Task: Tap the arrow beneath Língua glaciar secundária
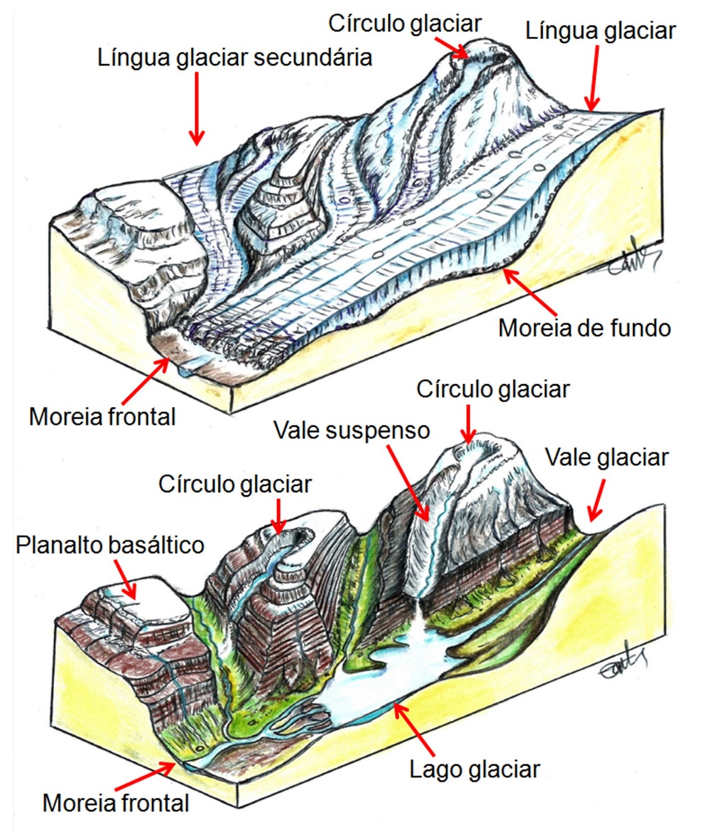click(x=197, y=108)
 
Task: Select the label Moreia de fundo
click(x=584, y=328)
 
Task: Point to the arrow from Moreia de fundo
click(x=529, y=292)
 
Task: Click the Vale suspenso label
click(x=352, y=430)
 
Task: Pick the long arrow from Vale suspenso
click(x=407, y=483)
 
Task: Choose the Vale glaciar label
click(x=606, y=458)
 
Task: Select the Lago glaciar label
click(x=474, y=770)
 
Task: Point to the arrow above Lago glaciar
click(x=415, y=730)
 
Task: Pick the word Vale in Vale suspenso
click(x=297, y=430)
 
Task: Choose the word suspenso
click(x=377, y=430)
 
